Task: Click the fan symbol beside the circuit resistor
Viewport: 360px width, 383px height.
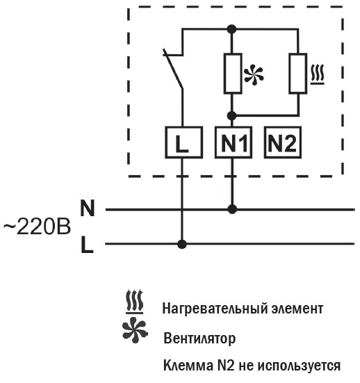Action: click(254, 74)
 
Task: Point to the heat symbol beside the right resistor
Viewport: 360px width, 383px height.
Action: click(318, 74)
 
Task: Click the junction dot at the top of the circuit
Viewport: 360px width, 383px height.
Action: click(232, 29)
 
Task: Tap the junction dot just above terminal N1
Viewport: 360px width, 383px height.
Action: click(232, 115)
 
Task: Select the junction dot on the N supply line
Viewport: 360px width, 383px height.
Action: click(232, 209)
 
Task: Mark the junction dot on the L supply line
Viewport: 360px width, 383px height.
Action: click(181, 244)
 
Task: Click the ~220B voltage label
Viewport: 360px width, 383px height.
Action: click(37, 227)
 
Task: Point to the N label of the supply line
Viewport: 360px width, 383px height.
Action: click(87, 208)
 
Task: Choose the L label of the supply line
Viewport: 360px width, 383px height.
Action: click(87, 244)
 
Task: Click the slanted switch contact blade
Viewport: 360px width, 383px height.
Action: click(173, 69)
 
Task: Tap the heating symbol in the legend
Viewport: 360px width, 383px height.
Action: click(134, 302)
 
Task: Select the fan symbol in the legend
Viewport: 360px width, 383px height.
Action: click(135, 330)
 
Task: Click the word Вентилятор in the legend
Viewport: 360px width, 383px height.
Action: click(199, 339)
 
